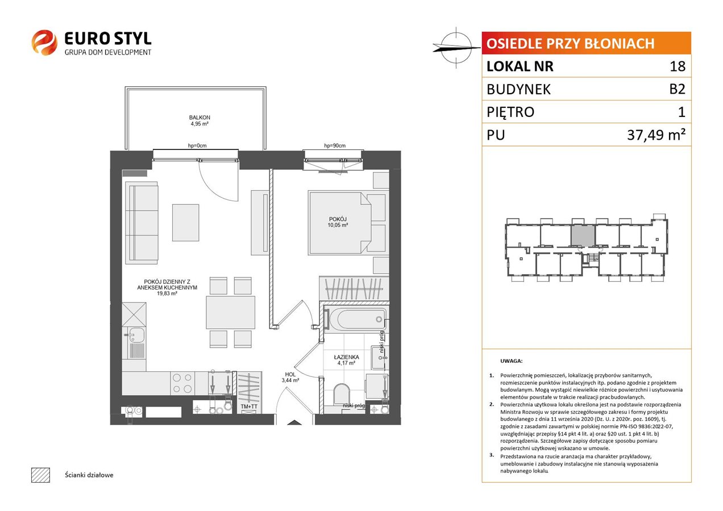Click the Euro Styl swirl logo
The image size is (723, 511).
click(44, 43)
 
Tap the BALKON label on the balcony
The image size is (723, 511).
click(200, 118)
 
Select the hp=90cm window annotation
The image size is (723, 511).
click(335, 146)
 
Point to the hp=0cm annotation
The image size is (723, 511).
click(197, 146)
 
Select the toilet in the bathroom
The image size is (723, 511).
click(342, 393)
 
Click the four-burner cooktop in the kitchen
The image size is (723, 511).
click(182, 383)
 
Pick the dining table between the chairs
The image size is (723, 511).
click(230, 312)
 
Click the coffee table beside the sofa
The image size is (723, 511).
click(186, 223)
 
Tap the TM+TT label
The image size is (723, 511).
click(249, 407)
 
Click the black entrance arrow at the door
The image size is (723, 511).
click(294, 422)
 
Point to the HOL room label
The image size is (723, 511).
click(290, 374)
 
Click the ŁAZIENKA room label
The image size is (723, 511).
click(346, 357)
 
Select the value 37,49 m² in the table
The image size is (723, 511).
click(656, 135)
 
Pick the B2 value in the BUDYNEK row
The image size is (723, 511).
click(677, 89)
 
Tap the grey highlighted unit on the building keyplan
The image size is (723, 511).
click(583, 236)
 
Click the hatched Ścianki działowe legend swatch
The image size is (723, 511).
click(41, 475)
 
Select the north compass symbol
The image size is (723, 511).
click(456, 48)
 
